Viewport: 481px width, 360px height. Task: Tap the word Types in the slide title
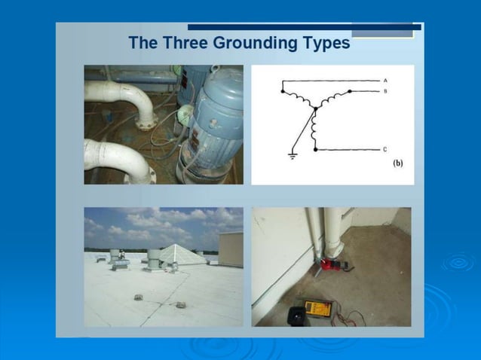322,43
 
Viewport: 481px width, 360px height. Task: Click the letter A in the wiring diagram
385,80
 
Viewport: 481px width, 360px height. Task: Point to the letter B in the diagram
385,91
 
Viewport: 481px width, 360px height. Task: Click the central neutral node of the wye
316,108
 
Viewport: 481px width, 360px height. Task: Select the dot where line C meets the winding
315,150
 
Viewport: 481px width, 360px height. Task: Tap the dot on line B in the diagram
349,91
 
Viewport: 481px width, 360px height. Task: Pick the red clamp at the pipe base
330,265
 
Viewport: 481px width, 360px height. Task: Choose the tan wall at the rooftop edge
231,249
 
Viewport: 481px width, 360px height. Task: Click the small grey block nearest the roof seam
180,304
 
